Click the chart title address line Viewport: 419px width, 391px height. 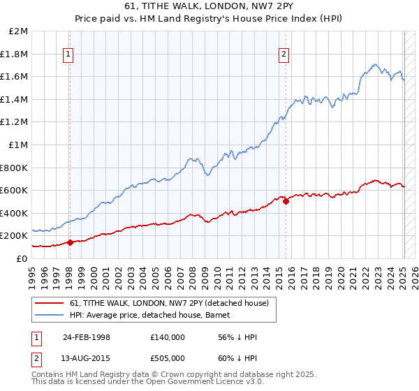[x=209, y=6]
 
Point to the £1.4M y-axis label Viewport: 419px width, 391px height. [x=15, y=100]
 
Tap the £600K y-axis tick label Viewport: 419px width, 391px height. [x=15, y=191]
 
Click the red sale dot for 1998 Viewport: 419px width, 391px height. [x=70, y=243]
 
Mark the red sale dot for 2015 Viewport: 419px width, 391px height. [x=286, y=202]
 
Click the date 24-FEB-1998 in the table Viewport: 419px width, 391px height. [x=87, y=337]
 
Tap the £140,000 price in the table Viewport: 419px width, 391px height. [x=168, y=337]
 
